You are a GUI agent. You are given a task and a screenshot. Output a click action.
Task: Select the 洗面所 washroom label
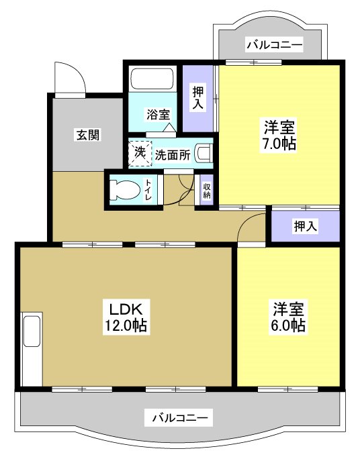pyautogui.click(x=173, y=154)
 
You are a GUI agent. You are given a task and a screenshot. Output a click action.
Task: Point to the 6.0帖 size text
pyautogui.click(x=289, y=325)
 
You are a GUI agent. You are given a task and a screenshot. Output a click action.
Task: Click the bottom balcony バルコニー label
pyautogui.click(x=179, y=419)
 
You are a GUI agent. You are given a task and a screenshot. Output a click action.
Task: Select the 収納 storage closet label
pyautogui.click(x=207, y=190)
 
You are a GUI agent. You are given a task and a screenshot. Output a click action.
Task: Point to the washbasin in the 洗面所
pyautogui.click(x=204, y=154)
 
